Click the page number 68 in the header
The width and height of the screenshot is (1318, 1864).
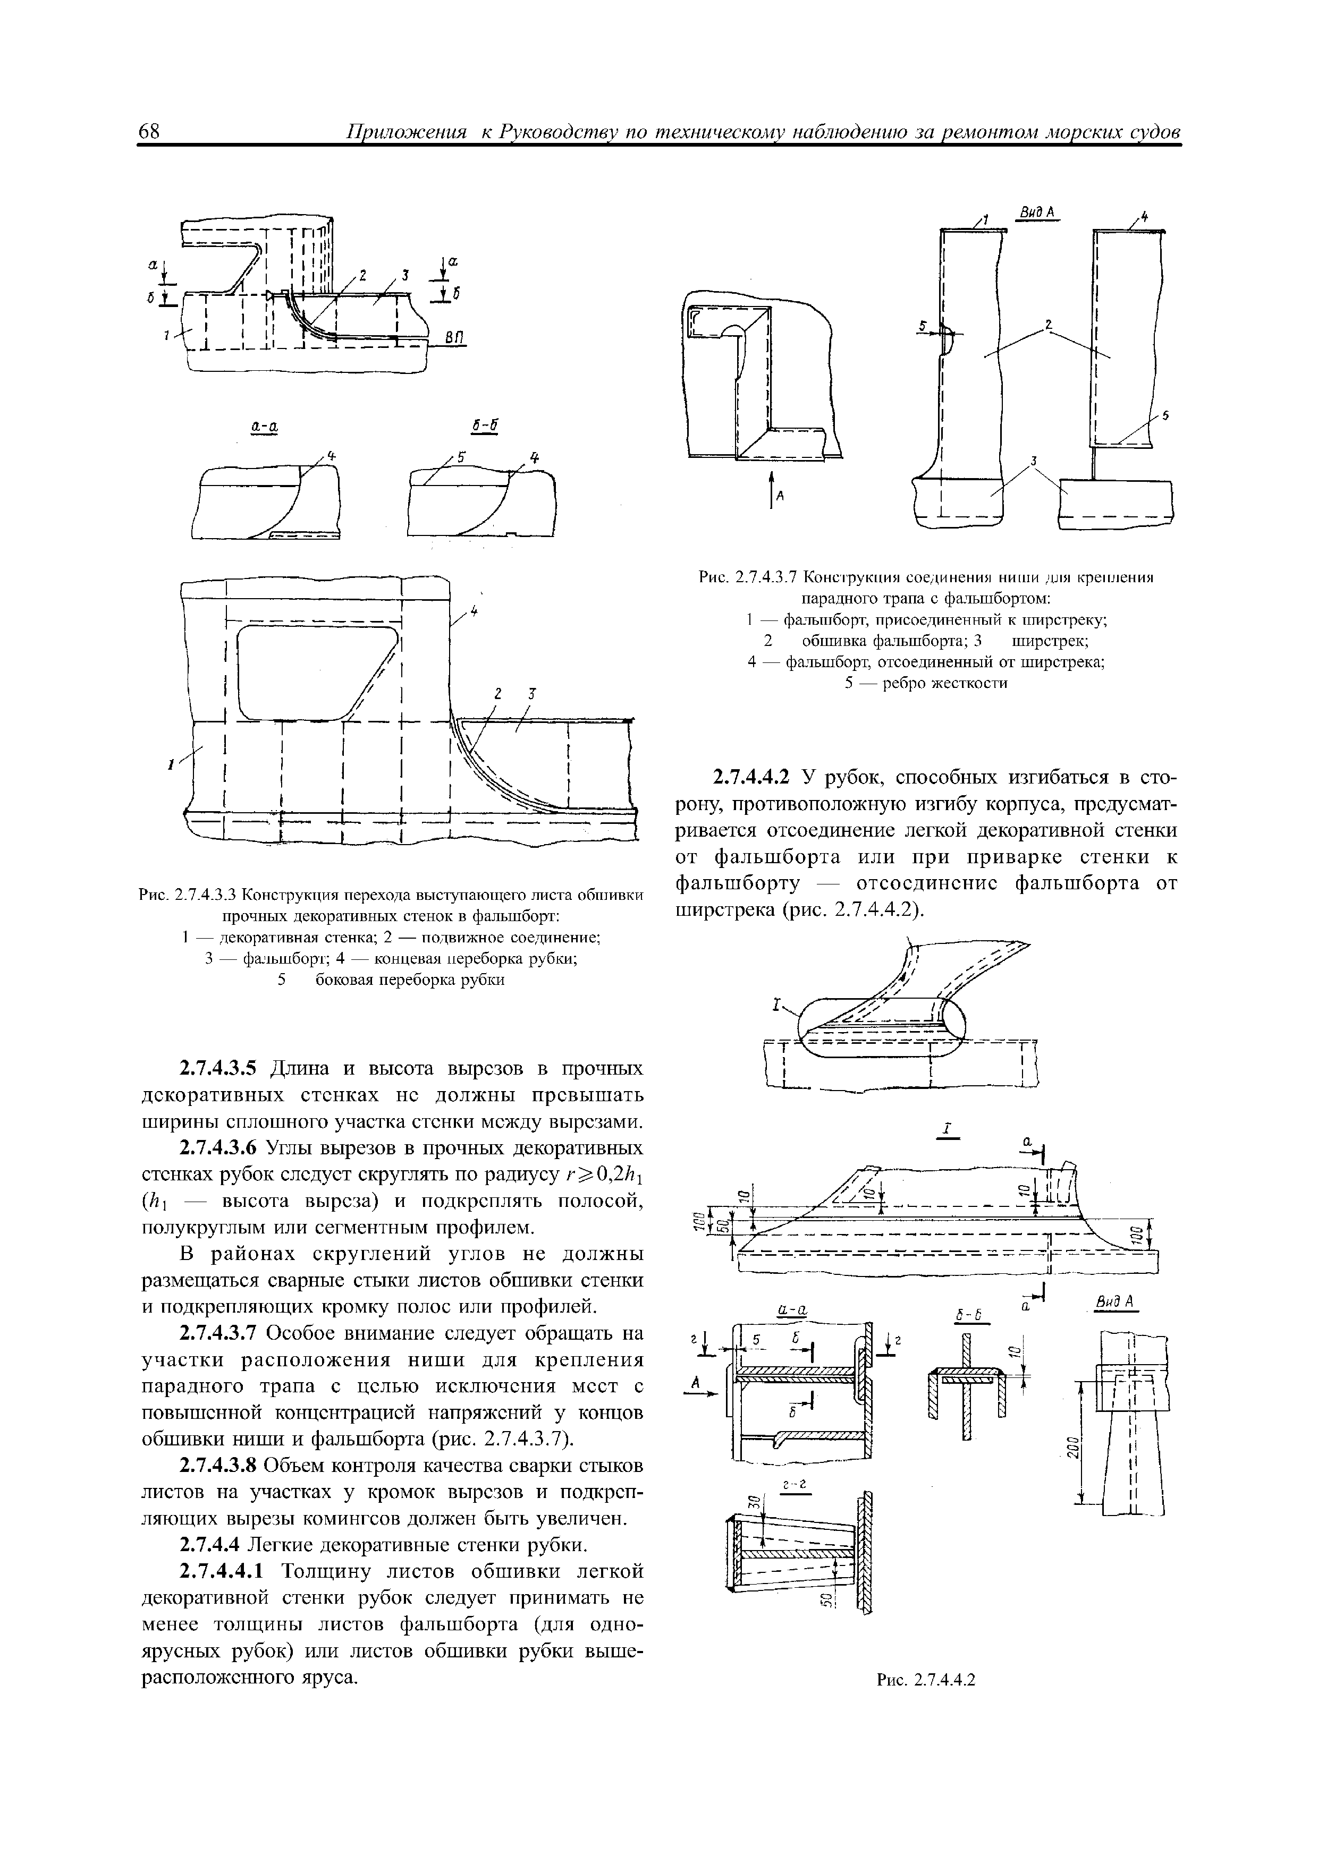point(151,132)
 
